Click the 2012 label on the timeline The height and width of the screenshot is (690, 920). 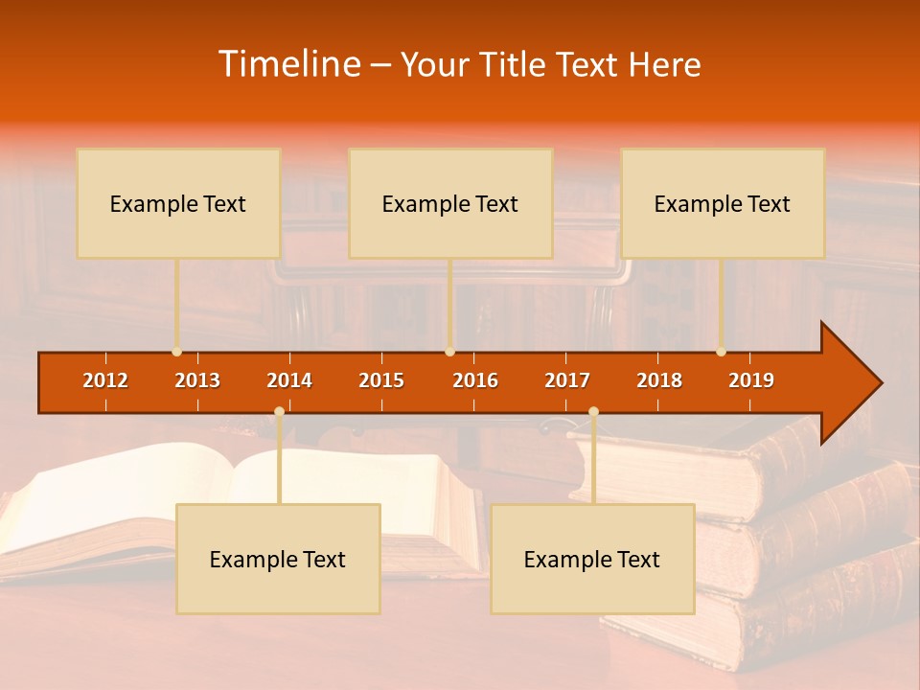[x=105, y=380]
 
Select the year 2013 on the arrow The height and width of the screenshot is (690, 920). [x=197, y=380]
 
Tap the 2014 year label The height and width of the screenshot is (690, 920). [x=289, y=380]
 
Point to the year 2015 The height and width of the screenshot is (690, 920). [x=381, y=380]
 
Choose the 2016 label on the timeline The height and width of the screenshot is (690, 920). [x=475, y=380]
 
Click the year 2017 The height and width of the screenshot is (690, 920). [x=567, y=380]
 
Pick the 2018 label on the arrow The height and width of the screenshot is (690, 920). [x=659, y=380]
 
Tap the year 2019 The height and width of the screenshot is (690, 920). [x=751, y=380]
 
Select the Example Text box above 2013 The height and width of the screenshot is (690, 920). [x=178, y=204]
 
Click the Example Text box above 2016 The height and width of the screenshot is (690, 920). [x=450, y=204]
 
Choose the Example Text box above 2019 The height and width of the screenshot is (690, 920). [x=723, y=204]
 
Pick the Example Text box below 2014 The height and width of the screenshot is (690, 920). [x=278, y=560]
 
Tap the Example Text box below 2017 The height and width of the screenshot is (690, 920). [x=592, y=560]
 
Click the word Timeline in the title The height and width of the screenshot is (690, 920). [x=288, y=64]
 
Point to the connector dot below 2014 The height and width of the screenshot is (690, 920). [x=279, y=412]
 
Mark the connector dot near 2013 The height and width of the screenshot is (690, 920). [x=176, y=352]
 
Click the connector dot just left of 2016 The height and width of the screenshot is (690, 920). [x=449, y=352]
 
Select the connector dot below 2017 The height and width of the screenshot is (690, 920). [x=593, y=412]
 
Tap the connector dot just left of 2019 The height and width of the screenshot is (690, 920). [x=721, y=352]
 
